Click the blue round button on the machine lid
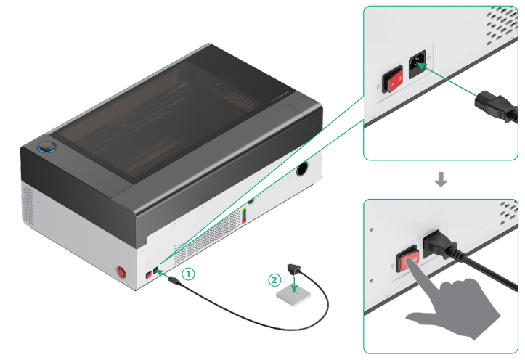tap(48, 148)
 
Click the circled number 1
tap(188, 274)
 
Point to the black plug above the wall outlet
tap(294, 271)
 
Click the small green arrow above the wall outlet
tap(293, 286)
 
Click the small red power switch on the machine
tap(147, 274)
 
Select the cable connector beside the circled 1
tap(174, 280)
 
